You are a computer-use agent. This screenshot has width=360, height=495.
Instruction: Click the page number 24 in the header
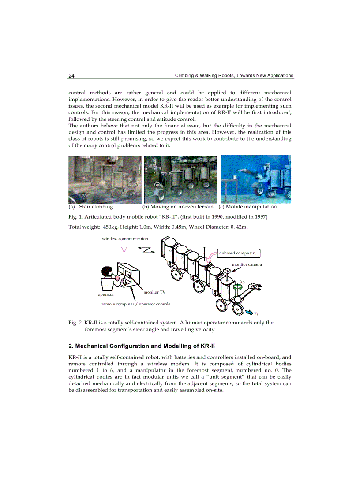(x=71, y=75)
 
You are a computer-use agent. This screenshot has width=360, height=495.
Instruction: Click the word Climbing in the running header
(x=186, y=75)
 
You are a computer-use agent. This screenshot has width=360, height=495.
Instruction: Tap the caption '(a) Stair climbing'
(x=91, y=207)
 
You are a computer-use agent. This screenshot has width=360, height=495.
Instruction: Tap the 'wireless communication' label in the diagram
(x=125, y=238)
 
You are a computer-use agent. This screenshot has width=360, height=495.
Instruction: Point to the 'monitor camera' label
(x=247, y=264)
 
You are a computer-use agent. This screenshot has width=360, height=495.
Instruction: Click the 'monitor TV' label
(x=154, y=292)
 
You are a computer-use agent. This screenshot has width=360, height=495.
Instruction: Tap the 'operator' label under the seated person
(x=106, y=294)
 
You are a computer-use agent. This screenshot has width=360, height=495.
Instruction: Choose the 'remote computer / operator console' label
(x=135, y=304)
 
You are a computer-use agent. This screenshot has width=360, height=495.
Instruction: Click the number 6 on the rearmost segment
(x=170, y=250)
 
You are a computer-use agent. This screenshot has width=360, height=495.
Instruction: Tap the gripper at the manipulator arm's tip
(x=258, y=287)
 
